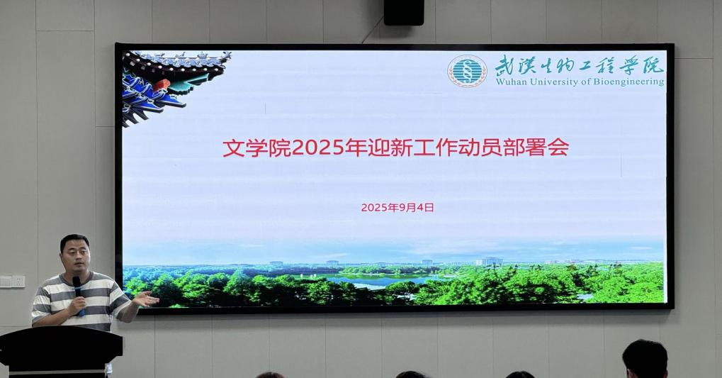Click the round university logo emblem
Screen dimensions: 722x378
click(467, 72)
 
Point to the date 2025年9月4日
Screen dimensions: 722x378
click(397, 207)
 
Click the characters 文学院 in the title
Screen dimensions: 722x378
click(257, 148)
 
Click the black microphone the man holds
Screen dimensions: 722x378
click(78, 294)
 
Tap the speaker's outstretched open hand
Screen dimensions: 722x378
click(147, 299)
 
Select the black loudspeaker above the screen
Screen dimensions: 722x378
click(404, 13)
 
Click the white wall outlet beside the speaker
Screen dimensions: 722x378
click(13, 281)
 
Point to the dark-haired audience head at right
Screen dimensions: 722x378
click(645, 359)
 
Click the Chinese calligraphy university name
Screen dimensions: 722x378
click(580, 65)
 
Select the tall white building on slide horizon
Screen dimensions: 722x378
click(489, 262)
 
